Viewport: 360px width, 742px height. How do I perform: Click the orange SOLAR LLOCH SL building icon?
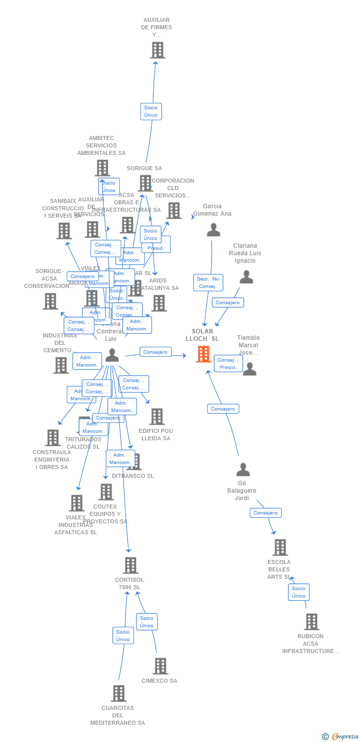click(203, 354)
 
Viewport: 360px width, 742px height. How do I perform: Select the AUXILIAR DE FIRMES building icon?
click(157, 50)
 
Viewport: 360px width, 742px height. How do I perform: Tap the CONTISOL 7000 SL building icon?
click(130, 565)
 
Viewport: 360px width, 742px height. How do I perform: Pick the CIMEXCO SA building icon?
click(160, 666)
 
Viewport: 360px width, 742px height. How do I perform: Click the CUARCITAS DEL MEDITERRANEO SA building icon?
click(118, 693)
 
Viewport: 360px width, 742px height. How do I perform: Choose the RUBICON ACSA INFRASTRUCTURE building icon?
click(311, 622)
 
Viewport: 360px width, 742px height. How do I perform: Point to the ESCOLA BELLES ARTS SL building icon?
click(280, 548)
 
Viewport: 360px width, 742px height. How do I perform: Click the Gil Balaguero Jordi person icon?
click(243, 469)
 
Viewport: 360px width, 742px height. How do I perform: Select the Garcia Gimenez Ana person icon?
click(213, 230)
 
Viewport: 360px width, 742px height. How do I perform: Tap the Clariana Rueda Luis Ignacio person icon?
click(246, 277)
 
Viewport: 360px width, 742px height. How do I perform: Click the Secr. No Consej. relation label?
click(208, 282)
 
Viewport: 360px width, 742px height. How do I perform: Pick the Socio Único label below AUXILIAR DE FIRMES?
click(151, 111)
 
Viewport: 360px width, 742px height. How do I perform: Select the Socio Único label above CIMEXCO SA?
click(147, 622)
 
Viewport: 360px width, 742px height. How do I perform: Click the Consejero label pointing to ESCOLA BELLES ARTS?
click(266, 513)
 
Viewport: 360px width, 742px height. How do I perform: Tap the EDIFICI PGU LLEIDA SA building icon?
click(157, 417)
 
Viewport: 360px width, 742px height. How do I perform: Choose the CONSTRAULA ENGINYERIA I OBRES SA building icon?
click(53, 438)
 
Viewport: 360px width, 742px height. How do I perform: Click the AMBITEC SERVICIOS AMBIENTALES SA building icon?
click(102, 168)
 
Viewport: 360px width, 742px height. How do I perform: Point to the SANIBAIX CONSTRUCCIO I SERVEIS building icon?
click(64, 231)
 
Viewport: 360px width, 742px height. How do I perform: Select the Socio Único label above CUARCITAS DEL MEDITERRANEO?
click(123, 636)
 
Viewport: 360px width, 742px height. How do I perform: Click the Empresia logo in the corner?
click(341, 737)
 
